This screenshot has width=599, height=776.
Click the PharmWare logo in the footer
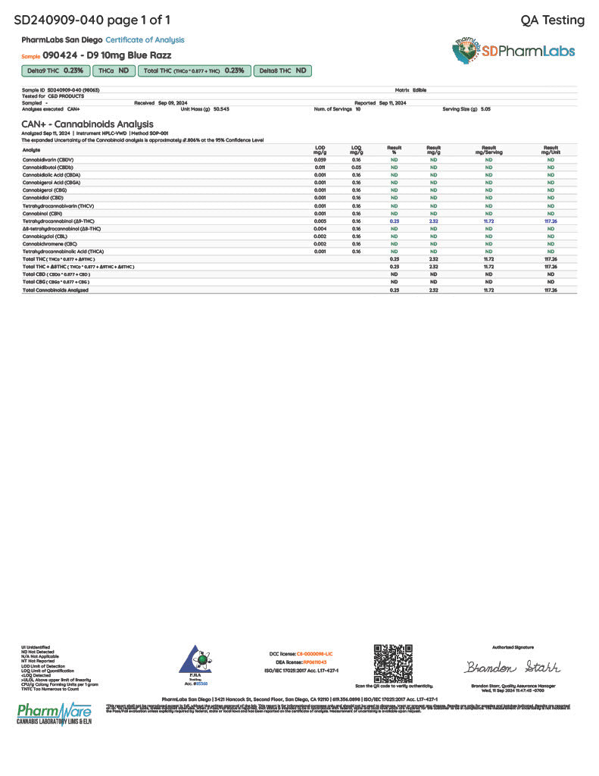55,714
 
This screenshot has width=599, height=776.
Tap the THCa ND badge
114,70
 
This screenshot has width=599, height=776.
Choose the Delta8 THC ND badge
282,70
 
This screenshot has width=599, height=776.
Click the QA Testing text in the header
553,20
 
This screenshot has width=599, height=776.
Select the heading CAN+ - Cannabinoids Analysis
87,124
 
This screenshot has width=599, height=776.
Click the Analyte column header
32,149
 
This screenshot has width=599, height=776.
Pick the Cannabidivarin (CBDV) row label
48,160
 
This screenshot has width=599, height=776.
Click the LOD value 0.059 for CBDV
320,160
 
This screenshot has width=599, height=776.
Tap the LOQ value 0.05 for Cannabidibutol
356,167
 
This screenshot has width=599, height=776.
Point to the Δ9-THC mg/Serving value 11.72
488,221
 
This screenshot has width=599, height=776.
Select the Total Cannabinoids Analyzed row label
55,290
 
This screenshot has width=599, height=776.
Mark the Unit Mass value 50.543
221,109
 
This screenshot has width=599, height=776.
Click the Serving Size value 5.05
485,109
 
